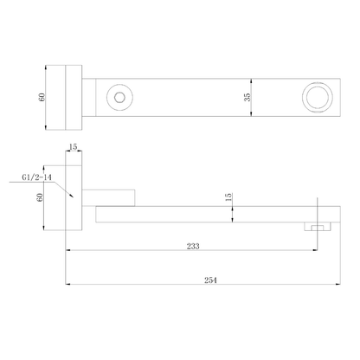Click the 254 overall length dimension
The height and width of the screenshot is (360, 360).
coord(210,280)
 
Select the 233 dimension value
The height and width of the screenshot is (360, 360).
coord(193,246)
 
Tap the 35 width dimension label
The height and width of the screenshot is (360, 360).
coord(247,97)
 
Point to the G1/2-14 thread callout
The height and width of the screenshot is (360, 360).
coord(37,177)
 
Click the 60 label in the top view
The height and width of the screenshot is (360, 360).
coord(42,97)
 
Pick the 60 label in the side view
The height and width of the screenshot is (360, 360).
coord(40,197)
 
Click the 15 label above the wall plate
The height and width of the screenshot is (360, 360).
coord(74,147)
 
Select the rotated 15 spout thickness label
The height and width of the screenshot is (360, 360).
coord(228,197)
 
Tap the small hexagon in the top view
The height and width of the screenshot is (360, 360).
coord(119,97)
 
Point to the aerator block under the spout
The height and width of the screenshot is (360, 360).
coord(318,227)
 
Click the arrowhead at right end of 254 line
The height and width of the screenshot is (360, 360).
coord(338,285)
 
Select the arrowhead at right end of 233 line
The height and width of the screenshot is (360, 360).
coord(314,250)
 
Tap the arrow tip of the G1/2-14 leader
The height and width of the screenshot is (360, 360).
coord(74,197)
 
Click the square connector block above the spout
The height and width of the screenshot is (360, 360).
coord(108,198)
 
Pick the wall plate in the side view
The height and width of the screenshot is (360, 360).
coord(74,191)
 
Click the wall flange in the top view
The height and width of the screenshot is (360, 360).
coord(74,98)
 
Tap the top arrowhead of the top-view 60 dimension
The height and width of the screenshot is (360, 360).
coord(46,67)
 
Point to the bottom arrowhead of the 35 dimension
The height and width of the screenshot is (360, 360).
coord(251,114)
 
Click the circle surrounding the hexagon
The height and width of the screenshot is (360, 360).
coord(119,85)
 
